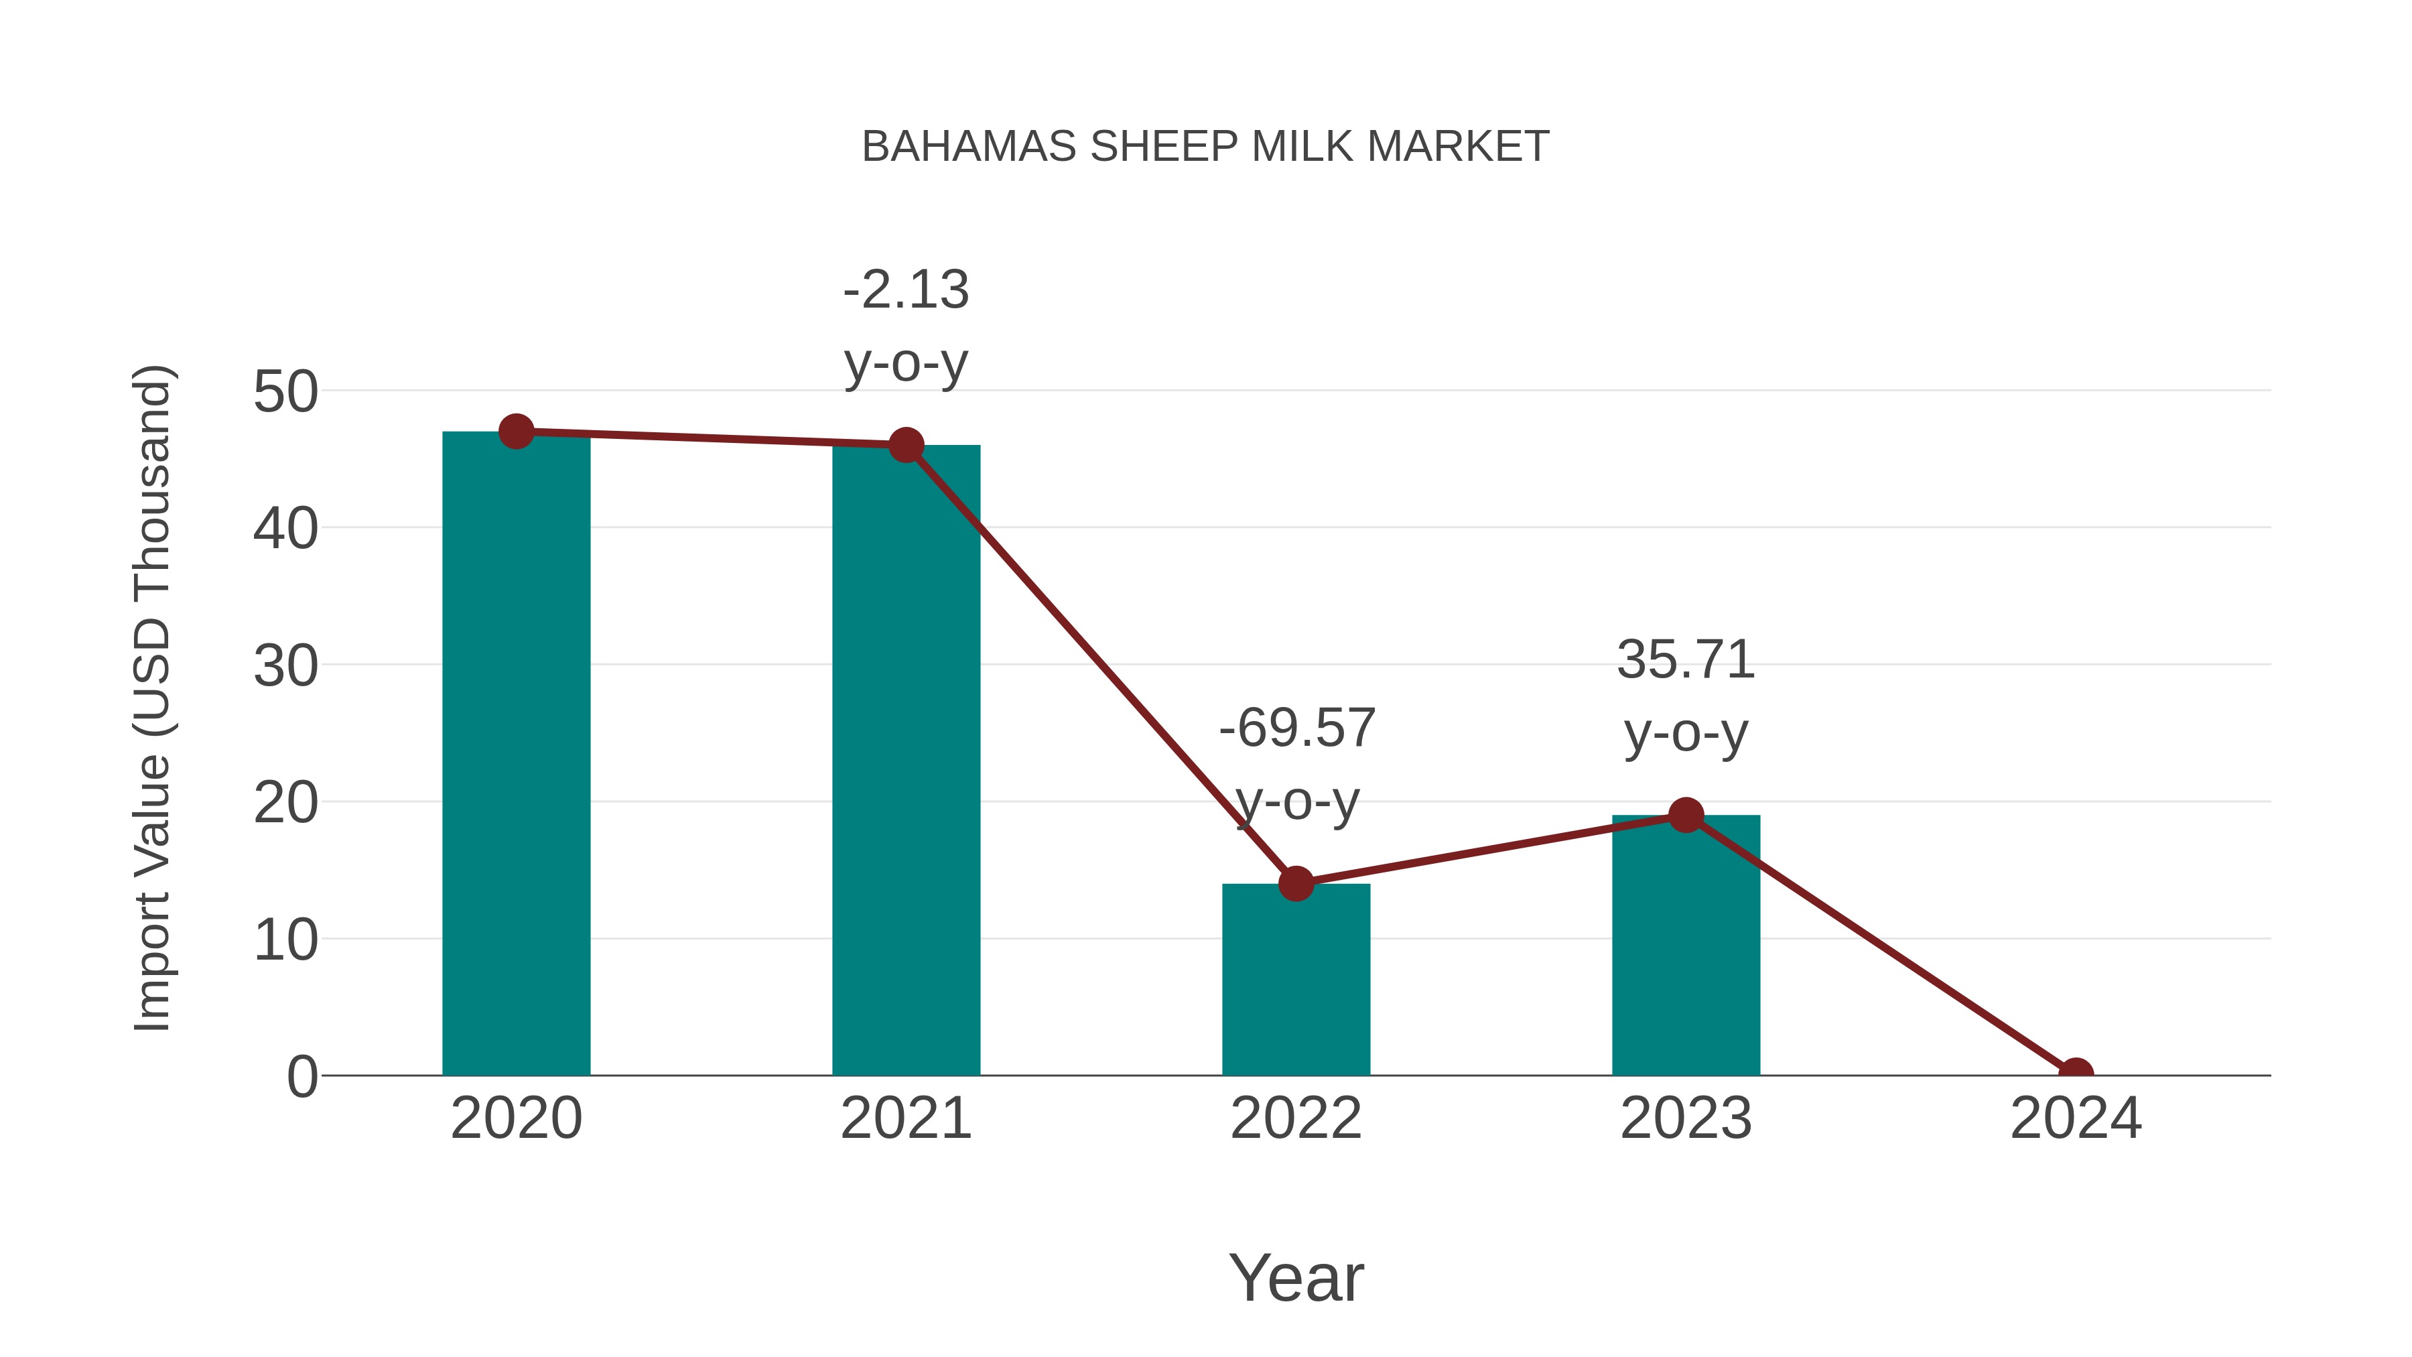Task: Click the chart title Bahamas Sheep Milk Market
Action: tap(1205, 147)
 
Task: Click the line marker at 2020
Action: tap(516, 432)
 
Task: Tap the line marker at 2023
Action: tap(1686, 816)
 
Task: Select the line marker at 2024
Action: tap(2075, 1074)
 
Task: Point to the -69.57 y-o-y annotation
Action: tap(1297, 763)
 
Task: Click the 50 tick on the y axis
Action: tap(285, 391)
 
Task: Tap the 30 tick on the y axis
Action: tap(285, 666)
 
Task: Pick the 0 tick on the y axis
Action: tap(302, 1076)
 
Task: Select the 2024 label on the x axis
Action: tap(2075, 1118)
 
